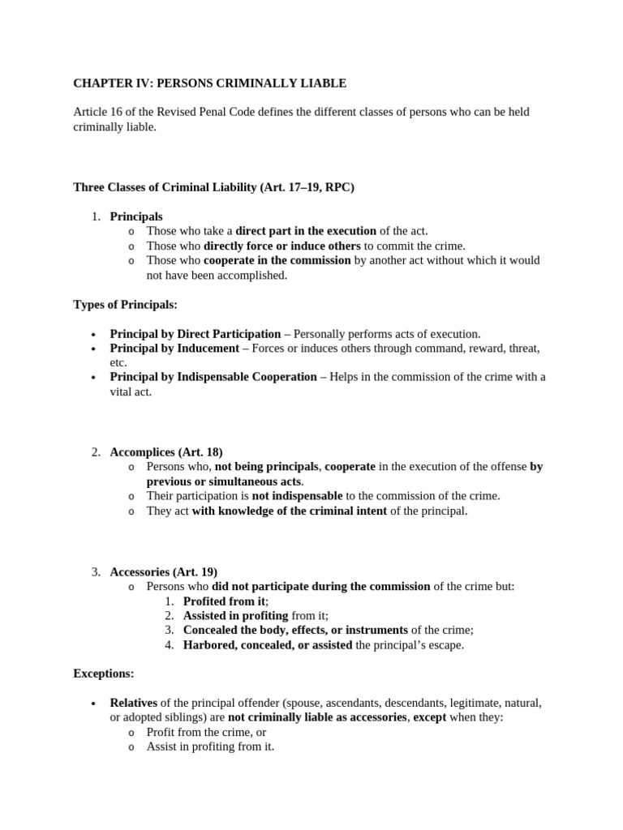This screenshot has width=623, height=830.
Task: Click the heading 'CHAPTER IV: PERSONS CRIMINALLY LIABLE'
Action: point(210,83)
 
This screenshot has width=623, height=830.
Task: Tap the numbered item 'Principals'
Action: point(136,216)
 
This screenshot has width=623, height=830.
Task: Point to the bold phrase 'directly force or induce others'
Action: point(281,246)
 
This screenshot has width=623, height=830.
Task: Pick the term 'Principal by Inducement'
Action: point(174,348)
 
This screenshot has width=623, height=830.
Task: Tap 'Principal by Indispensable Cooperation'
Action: point(213,377)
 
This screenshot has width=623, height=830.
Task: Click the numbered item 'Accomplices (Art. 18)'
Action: point(166,451)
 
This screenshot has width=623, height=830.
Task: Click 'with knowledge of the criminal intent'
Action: point(290,510)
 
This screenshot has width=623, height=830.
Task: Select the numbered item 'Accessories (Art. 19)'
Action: point(164,571)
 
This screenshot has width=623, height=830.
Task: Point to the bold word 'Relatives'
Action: point(134,702)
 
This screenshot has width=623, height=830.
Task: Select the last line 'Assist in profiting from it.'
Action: point(210,747)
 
